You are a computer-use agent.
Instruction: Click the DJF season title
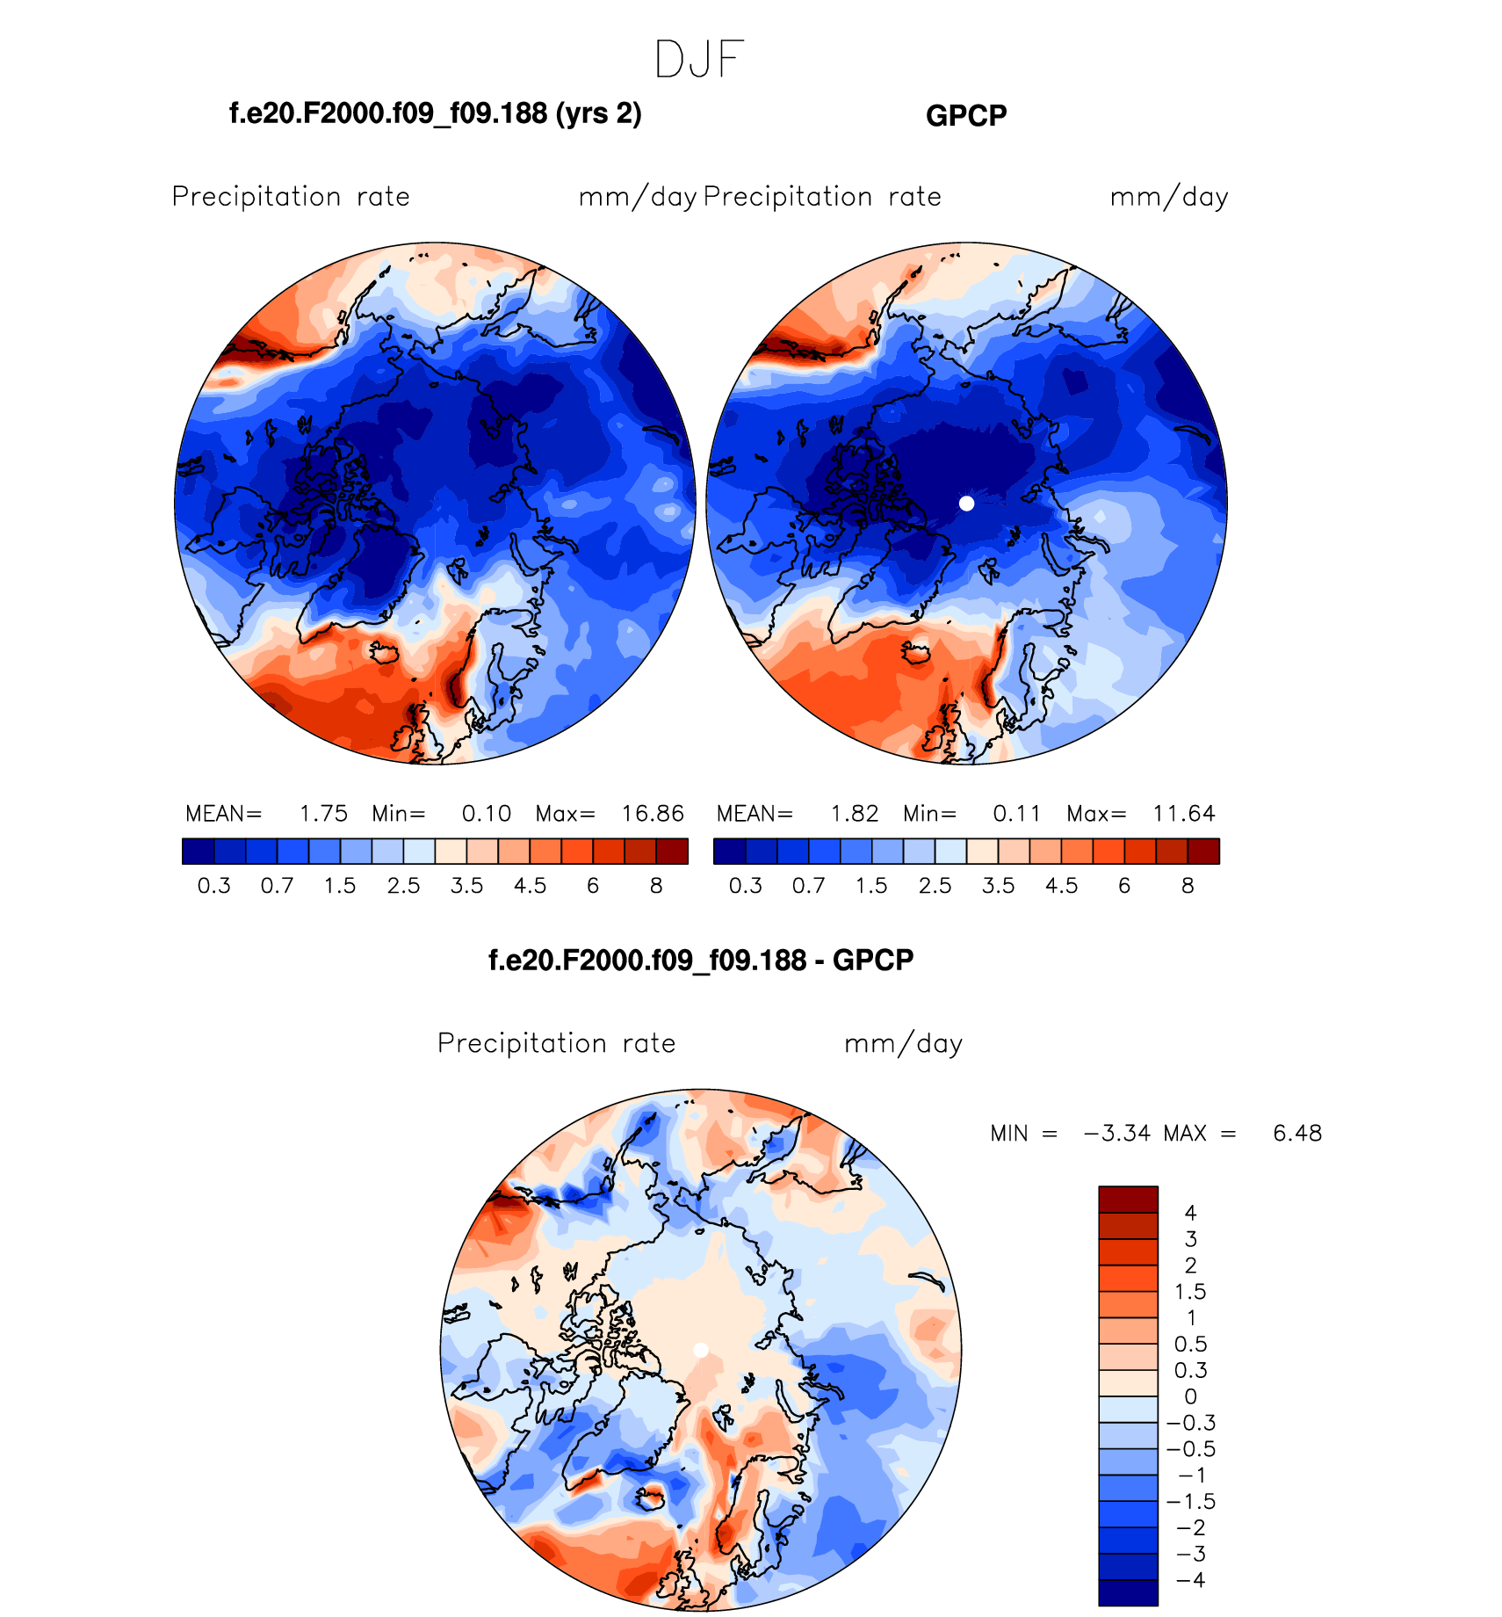(x=699, y=60)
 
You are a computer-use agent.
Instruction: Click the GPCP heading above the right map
(x=966, y=116)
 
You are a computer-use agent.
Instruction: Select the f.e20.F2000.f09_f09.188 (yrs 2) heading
(x=436, y=113)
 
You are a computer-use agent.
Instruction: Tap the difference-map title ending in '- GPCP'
(x=701, y=960)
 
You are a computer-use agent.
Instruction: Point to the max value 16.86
(x=653, y=814)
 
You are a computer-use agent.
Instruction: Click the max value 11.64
(x=1184, y=814)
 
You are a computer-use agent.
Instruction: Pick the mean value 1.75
(x=323, y=814)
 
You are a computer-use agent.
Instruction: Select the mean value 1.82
(x=855, y=814)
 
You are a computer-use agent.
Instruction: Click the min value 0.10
(x=487, y=814)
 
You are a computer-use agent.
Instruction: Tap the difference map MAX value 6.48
(x=1297, y=1134)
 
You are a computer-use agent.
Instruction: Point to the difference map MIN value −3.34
(x=1117, y=1134)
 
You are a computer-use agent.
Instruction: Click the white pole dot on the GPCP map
(x=967, y=504)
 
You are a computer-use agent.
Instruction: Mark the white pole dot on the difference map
(x=701, y=1350)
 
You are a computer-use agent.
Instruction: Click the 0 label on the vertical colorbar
(x=1190, y=1396)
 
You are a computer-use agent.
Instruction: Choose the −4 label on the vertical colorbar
(x=1190, y=1580)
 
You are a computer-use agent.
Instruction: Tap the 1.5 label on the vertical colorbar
(x=1190, y=1292)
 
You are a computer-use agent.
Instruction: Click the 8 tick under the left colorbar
(x=656, y=886)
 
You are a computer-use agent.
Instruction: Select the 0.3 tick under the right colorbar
(x=746, y=886)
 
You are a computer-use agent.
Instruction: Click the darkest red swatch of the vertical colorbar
(x=1128, y=1200)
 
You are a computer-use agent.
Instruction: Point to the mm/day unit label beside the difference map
(x=903, y=1043)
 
